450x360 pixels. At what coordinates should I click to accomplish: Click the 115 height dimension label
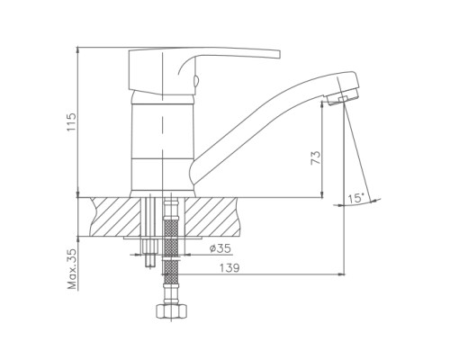(x=72, y=121)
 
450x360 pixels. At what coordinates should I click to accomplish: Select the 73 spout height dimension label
(x=316, y=157)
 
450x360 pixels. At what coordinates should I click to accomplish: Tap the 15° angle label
(x=355, y=198)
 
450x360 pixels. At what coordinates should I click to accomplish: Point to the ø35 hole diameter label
(x=220, y=248)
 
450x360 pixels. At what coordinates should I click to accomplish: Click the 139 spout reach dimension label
(x=229, y=268)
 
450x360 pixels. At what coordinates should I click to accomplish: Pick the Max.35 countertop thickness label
(x=72, y=269)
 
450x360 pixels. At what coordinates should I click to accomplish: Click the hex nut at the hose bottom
(x=172, y=311)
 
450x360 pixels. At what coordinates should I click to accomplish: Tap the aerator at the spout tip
(x=342, y=97)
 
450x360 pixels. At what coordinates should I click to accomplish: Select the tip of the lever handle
(x=279, y=54)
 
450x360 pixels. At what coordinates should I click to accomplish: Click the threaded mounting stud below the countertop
(x=149, y=253)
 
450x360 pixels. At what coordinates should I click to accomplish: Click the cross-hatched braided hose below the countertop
(x=171, y=247)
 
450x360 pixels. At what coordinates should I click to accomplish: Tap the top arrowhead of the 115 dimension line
(x=77, y=49)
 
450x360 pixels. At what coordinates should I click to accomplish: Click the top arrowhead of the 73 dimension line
(x=322, y=103)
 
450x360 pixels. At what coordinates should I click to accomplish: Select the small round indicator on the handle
(x=195, y=81)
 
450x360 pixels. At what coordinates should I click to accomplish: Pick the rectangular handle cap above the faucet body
(x=147, y=71)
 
